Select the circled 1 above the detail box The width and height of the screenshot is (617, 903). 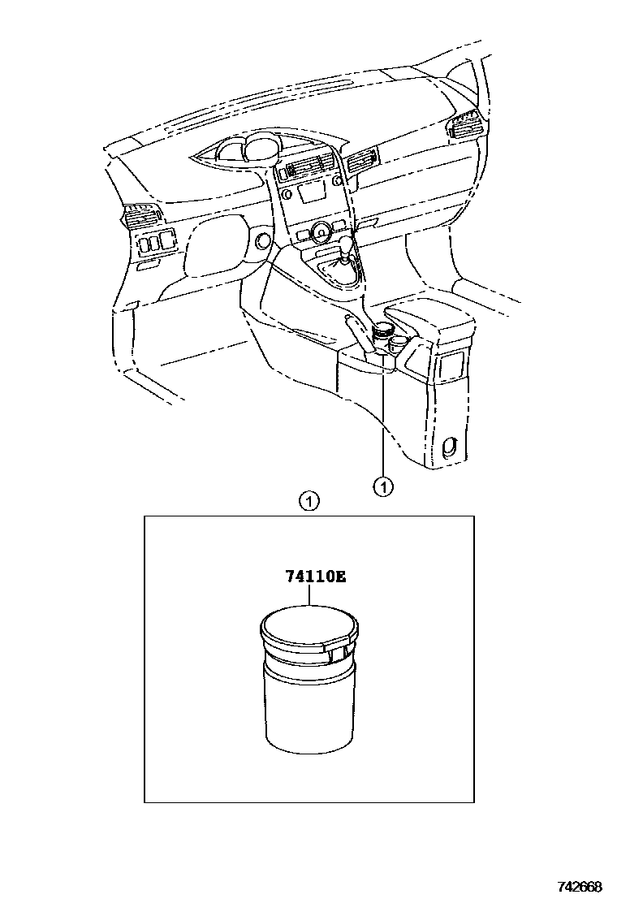[308, 501]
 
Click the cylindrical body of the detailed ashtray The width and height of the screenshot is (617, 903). [309, 706]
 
